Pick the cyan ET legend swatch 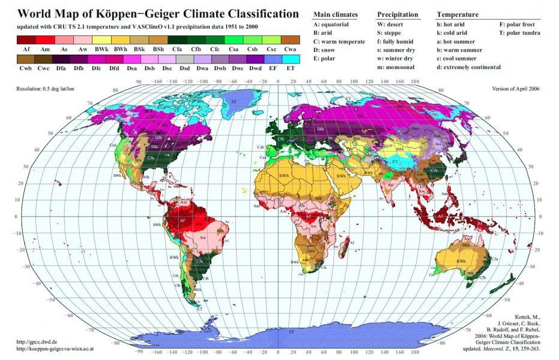(290, 59)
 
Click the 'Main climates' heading (335, 14)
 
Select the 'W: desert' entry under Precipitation (392, 25)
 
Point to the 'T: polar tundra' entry (520, 33)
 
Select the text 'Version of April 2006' (516, 88)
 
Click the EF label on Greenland (234, 102)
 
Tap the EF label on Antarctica (291, 331)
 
